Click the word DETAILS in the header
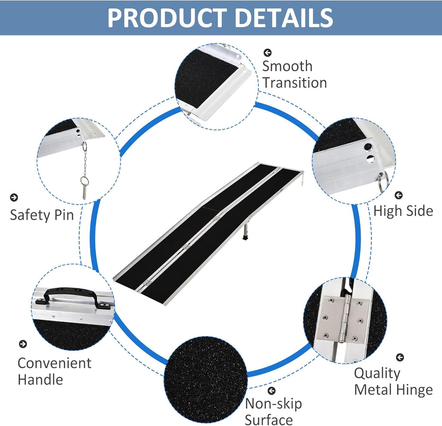tap(284, 17)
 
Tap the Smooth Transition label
tap(294, 74)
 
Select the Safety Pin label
tap(42, 215)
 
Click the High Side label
tap(403, 211)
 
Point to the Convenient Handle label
tap(54, 371)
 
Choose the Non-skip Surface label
tap(273, 411)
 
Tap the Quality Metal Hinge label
tap(393, 381)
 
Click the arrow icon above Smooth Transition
tap(267, 52)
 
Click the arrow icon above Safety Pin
tap(14, 197)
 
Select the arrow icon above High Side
tap(398, 195)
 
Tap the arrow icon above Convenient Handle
tap(23, 344)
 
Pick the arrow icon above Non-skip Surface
tap(271, 391)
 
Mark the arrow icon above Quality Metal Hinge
tap(400, 357)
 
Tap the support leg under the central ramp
tap(246, 230)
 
